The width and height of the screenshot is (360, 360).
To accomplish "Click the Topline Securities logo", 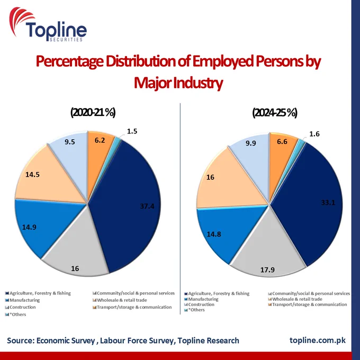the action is coord(48,24).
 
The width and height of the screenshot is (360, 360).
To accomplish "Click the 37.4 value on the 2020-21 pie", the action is coord(147,206).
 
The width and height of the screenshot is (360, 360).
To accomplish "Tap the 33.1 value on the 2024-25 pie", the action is coord(328,202).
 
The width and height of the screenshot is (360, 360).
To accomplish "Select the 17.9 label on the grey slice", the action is coord(267,269).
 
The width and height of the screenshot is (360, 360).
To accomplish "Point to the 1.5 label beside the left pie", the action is coord(132,131).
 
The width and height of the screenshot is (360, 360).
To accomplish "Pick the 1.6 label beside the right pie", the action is coord(314,134).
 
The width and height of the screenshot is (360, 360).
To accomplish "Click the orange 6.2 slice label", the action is coord(100,140).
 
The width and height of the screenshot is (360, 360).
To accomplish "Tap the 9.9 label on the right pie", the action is coord(251,143).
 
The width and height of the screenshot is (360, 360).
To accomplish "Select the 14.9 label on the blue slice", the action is coord(29,227).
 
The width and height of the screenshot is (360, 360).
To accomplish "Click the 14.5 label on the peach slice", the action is coord(32,175).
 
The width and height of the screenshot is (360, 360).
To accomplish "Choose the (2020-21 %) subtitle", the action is coord(93,112).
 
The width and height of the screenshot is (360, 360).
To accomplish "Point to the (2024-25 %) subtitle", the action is coord(275,112).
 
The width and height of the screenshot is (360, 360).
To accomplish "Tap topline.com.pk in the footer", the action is coord(318,340).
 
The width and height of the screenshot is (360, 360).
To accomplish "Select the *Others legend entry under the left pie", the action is coord(15,314).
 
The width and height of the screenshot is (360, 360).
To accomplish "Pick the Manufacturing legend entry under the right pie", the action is coord(201,299).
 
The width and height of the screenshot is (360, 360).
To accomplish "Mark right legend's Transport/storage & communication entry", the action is coord(308,304).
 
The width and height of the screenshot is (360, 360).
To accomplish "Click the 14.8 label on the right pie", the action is coord(214,234).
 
